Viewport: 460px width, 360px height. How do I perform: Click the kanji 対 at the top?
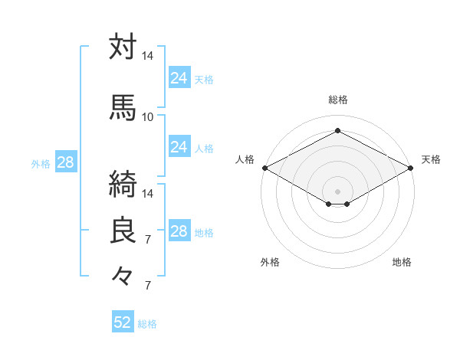[123, 47]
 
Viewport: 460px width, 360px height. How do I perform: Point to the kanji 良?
[123, 231]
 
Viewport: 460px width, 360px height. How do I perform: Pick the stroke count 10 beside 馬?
[148, 116]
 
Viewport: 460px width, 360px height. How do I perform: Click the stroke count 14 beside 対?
[148, 56]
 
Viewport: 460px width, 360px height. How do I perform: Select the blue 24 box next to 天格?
[179, 78]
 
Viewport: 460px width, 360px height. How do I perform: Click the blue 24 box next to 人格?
[179, 148]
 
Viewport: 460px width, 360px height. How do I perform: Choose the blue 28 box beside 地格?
[179, 232]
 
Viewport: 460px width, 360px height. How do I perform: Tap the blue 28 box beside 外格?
[65, 162]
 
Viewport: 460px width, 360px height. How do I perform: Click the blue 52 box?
[123, 322]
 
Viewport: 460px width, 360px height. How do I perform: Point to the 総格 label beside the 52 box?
[148, 324]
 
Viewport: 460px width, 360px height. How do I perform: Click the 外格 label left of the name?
[41, 163]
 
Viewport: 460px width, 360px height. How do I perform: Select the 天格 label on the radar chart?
[431, 159]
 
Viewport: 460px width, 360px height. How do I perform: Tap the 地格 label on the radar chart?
[402, 262]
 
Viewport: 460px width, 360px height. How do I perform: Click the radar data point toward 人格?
[264, 168]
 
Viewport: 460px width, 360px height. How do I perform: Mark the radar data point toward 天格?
[411, 168]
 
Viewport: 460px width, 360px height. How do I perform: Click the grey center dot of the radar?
[337, 190]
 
